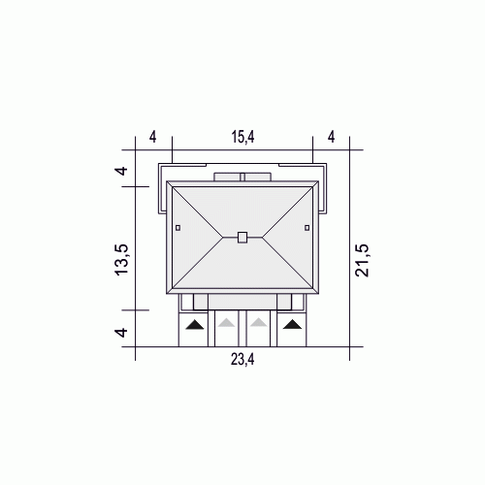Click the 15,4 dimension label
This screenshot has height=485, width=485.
pyautogui.click(x=242, y=137)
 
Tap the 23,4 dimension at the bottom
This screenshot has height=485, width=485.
pyautogui.click(x=242, y=359)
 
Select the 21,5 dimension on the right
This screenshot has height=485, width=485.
pyautogui.click(x=362, y=260)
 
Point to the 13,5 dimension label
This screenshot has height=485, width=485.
pyautogui.click(x=122, y=260)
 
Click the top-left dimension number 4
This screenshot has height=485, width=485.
pyautogui.click(x=152, y=137)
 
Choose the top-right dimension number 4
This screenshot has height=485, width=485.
pyautogui.click(x=332, y=137)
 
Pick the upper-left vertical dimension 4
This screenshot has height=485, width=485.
pyautogui.click(x=122, y=171)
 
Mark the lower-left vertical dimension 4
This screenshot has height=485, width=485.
pyautogui.click(x=122, y=332)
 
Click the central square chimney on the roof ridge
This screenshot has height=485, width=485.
pyautogui.click(x=242, y=237)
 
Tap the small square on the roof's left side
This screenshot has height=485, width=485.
pyautogui.click(x=178, y=228)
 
